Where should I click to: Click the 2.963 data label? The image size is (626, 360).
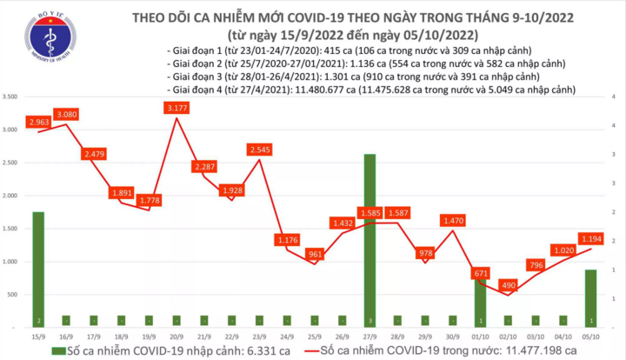pos(40,123)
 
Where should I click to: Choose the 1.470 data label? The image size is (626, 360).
pos(453,221)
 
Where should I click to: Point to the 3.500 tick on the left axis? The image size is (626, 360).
pos(13,97)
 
